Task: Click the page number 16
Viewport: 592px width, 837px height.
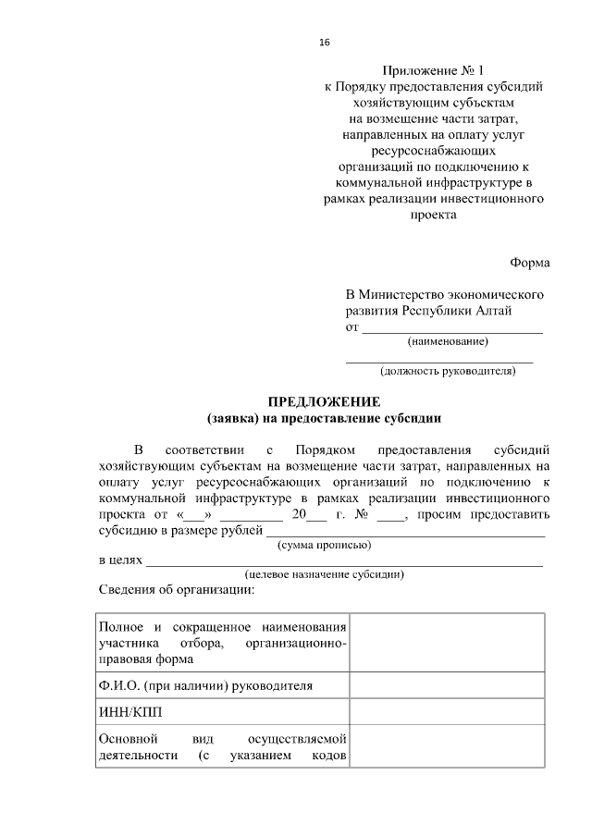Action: pos(324,43)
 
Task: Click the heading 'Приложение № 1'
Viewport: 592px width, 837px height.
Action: pos(433,70)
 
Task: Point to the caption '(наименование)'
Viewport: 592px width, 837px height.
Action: pos(448,342)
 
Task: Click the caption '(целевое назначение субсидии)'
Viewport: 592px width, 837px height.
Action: pos(325,574)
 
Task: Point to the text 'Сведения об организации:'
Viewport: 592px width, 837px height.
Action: pos(176,590)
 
